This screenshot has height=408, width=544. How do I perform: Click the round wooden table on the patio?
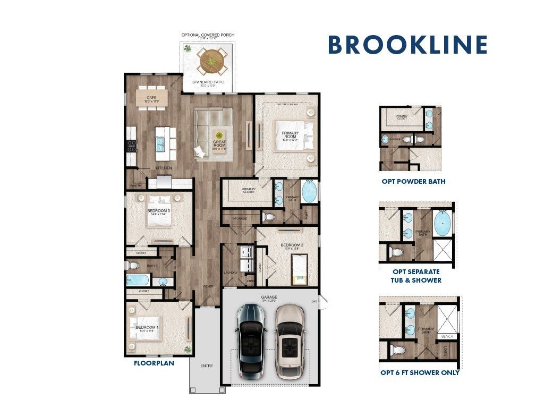[212, 61]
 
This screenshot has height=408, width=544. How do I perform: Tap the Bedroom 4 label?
[147, 328]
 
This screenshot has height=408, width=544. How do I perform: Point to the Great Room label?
[219, 143]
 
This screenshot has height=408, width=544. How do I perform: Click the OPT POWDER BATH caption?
[413, 182]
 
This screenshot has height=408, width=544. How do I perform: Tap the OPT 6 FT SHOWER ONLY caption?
[420, 373]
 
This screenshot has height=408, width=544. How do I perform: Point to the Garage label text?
[269, 298]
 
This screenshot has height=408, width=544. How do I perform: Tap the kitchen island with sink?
[165, 143]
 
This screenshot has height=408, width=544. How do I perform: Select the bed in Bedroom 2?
[300, 269]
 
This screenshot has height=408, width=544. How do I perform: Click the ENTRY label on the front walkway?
[207, 366]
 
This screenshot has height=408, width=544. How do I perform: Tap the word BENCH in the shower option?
[447, 337]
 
